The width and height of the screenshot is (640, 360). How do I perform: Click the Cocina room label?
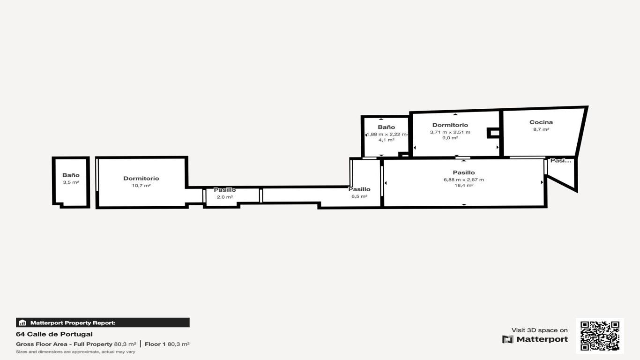click(541, 122)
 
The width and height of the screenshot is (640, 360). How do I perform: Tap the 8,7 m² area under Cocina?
click(541, 129)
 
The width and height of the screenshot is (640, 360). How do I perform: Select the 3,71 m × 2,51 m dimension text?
click(450, 132)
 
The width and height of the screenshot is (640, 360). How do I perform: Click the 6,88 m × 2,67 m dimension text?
click(464, 180)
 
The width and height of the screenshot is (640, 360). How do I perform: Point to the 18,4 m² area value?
click(464, 185)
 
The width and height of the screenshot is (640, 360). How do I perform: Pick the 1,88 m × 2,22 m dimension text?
click(386, 134)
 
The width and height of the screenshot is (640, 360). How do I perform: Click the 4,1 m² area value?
click(386, 140)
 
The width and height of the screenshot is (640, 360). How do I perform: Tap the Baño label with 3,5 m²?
click(71, 175)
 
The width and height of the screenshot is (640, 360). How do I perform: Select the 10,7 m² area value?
click(141, 186)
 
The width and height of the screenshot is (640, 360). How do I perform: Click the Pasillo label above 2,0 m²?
click(225, 190)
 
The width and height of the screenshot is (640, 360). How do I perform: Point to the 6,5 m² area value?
click(359, 196)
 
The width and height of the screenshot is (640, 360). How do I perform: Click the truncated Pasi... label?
click(561, 160)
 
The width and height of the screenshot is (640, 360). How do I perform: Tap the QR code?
click(600, 336)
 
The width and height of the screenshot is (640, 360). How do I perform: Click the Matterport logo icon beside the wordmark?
click(508, 339)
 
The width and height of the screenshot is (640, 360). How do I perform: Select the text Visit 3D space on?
click(539, 330)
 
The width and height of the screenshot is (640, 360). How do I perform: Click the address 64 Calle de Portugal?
click(54, 334)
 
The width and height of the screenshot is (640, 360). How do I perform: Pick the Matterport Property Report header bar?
click(103, 322)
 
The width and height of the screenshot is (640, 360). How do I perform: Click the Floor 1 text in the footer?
click(155, 344)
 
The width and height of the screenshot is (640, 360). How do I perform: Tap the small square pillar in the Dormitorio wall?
click(493, 133)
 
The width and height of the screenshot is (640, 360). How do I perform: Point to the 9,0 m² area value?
click(450, 138)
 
